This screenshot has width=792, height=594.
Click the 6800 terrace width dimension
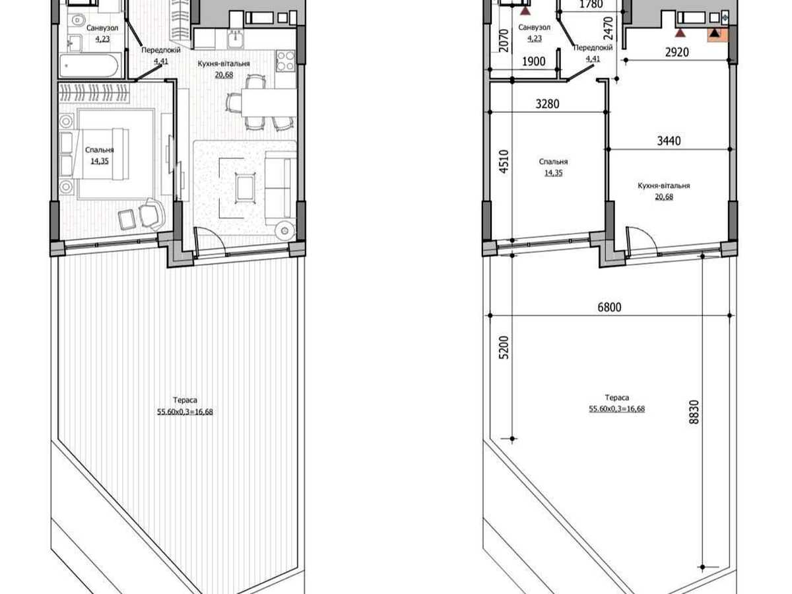609,308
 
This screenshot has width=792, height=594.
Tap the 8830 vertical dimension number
694,411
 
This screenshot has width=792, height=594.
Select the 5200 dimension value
504,347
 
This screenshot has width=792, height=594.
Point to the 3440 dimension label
669,141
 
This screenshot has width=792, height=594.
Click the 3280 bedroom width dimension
547,104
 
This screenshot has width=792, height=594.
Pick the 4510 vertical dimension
504,162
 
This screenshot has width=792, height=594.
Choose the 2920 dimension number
677,52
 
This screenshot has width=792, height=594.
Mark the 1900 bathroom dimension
534,61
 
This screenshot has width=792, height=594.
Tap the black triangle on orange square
714,33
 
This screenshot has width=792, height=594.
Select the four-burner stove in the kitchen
285,61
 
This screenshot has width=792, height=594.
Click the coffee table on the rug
246,188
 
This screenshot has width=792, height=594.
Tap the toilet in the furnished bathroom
76,20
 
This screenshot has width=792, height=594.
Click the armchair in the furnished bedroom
152,213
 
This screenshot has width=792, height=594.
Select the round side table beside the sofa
284,230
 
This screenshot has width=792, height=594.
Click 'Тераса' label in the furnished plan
185,400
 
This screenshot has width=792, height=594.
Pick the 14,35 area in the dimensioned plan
553,173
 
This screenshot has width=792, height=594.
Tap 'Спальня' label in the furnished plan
100,150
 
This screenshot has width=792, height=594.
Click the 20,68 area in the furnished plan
224,75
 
